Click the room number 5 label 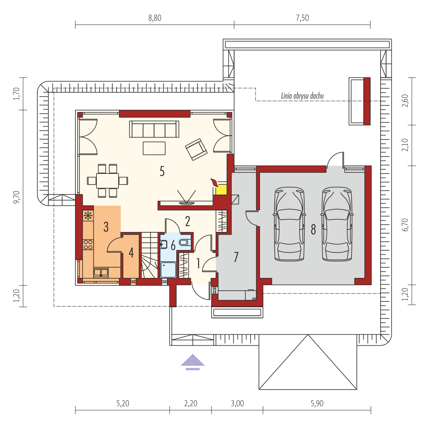pyautogui.click(x=162, y=171)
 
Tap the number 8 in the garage pyautogui.click(x=313, y=230)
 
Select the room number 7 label pyautogui.click(x=236, y=257)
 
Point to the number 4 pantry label pyautogui.click(x=131, y=253)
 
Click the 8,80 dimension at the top pyautogui.click(x=155, y=18)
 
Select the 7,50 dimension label pyautogui.click(x=302, y=18)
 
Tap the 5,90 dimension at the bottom pyautogui.click(x=317, y=403)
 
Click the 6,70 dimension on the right pyautogui.click(x=405, y=225)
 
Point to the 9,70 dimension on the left pyautogui.click(x=17, y=197)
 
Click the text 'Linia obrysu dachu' pyautogui.click(x=302, y=96)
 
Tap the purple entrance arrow pyautogui.click(x=193, y=362)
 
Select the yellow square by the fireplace pyautogui.click(x=221, y=190)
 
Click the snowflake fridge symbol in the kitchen pyautogui.click(x=88, y=215)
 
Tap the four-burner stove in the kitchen pyautogui.click(x=88, y=244)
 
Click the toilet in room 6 pyautogui.click(x=185, y=242)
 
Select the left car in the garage pyautogui.click(x=289, y=224)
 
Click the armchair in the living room pyautogui.click(x=196, y=149)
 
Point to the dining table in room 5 pyautogui.click(x=107, y=180)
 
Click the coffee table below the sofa pyautogui.click(x=154, y=148)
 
